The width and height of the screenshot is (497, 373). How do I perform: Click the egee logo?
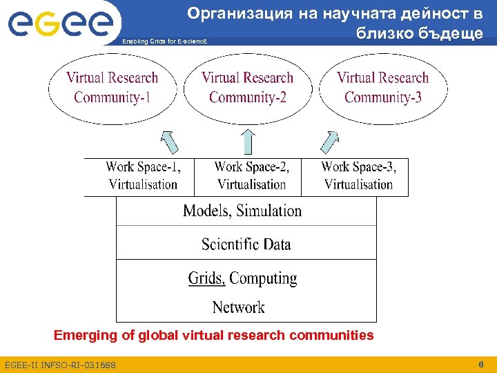point(59,23)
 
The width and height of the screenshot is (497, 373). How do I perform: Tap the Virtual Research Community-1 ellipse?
point(113,88)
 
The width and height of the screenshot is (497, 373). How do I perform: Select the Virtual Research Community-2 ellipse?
point(248,88)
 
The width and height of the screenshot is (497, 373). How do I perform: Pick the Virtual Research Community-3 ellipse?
point(383,88)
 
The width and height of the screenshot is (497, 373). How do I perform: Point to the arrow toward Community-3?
point(329,142)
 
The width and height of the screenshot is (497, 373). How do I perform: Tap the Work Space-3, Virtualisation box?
point(358,176)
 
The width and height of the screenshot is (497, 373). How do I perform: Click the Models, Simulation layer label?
point(242,211)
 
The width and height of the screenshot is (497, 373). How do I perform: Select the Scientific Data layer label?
point(246,244)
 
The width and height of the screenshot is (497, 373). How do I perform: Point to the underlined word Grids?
point(206,278)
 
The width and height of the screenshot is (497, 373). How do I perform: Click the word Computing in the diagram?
point(263,279)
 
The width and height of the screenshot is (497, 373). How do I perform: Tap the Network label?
point(238,307)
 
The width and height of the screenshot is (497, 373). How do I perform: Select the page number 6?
point(480,363)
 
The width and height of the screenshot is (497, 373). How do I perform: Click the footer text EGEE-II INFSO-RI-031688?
point(60,365)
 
